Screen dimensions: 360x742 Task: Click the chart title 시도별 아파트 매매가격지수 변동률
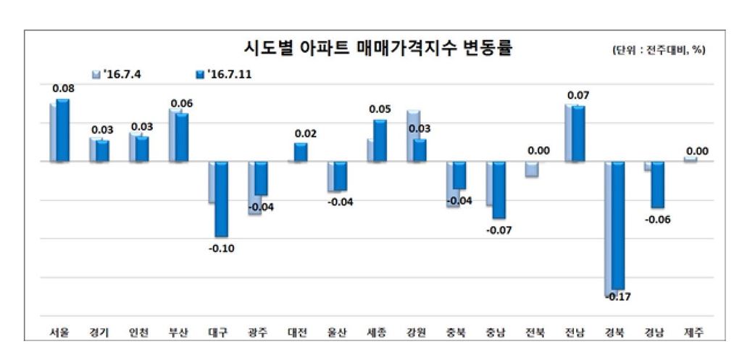[x=377, y=49]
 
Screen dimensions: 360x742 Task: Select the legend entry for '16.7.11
[x=224, y=74]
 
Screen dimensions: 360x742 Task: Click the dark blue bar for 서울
[x=63, y=130]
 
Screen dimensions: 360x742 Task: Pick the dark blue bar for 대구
[x=221, y=198]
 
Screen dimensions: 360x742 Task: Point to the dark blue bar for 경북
[x=617, y=225]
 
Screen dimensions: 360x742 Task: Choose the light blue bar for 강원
[x=413, y=135]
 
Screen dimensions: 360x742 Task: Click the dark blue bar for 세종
[x=380, y=141]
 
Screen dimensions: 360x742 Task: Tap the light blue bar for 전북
[x=532, y=169]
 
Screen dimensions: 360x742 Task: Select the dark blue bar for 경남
[x=657, y=185]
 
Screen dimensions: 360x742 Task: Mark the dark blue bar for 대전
[x=301, y=152]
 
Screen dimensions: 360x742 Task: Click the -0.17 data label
[x=617, y=297]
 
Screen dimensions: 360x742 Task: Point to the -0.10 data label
[x=221, y=248]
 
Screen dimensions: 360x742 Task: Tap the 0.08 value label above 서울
[x=63, y=88]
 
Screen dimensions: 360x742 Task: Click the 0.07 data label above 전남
[x=578, y=95]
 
